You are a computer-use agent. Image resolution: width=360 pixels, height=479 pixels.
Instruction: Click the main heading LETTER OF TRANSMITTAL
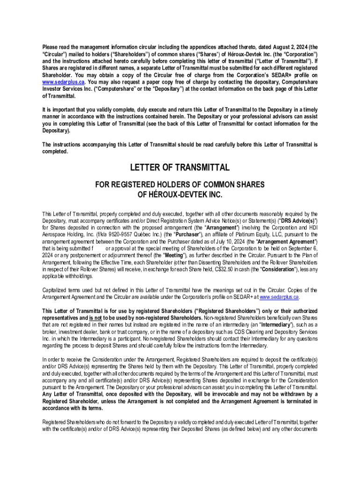coord(180,167)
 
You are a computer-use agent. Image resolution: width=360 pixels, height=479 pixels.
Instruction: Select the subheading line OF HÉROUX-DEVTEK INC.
coord(180,194)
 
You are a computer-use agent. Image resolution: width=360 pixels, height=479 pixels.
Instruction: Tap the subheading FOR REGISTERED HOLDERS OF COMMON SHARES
coord(180,184)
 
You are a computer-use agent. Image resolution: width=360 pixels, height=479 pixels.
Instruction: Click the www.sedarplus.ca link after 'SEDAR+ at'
coord(279,297)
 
